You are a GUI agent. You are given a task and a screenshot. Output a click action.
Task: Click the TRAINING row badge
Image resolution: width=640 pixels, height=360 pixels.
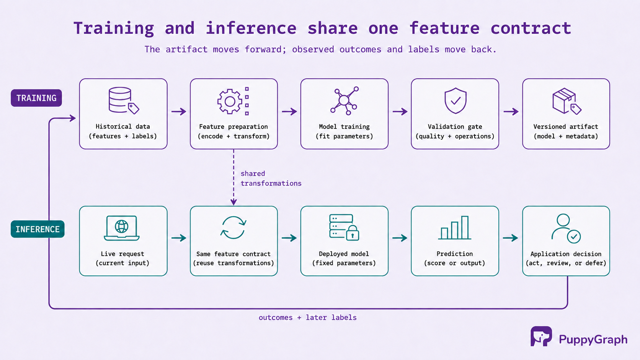(x=36, y=98)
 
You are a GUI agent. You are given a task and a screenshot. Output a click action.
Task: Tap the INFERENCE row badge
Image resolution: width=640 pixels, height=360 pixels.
(x=38, y=229)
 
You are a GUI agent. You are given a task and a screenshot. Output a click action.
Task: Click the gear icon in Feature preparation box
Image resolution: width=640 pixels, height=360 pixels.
(x=230, y=101)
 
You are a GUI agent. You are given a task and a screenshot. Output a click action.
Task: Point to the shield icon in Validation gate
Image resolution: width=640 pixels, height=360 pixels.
(x=456, y=101)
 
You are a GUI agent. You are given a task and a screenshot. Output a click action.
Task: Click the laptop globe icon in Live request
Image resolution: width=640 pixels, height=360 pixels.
(x=122, y=228)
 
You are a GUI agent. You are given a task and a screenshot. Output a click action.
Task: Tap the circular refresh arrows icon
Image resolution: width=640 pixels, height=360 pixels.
(x=233, y=228)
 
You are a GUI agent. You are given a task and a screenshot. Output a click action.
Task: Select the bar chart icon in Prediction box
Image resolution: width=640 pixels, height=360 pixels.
(x=455, y=228)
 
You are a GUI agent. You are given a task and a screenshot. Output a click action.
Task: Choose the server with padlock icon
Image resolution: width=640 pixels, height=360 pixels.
(x=344, y=228)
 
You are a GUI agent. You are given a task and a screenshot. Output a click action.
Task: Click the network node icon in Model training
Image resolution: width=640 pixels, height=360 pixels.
(x=344, y=101)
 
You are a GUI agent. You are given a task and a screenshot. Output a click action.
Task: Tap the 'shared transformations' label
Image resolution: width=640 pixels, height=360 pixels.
(x=271, y=178)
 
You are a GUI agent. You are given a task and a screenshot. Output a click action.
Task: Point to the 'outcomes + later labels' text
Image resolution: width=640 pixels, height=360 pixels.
(x=308, y=318)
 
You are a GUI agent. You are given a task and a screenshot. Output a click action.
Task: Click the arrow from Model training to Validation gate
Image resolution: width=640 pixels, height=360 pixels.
(x=400, y=111)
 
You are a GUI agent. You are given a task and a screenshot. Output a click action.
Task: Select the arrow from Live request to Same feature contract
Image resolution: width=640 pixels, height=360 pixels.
(x=179, y=238)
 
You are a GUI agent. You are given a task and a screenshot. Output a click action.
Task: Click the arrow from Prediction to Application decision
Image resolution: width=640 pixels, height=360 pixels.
(x=511, y=238)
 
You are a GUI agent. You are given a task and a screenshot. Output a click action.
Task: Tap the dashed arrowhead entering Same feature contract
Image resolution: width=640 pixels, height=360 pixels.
(x=233, y=202)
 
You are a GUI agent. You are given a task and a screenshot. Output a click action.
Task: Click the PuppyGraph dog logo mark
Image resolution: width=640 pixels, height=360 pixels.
(x=541, y=336)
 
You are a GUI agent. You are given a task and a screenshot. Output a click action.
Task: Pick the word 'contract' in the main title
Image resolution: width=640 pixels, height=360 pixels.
(x=531, y=28)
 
